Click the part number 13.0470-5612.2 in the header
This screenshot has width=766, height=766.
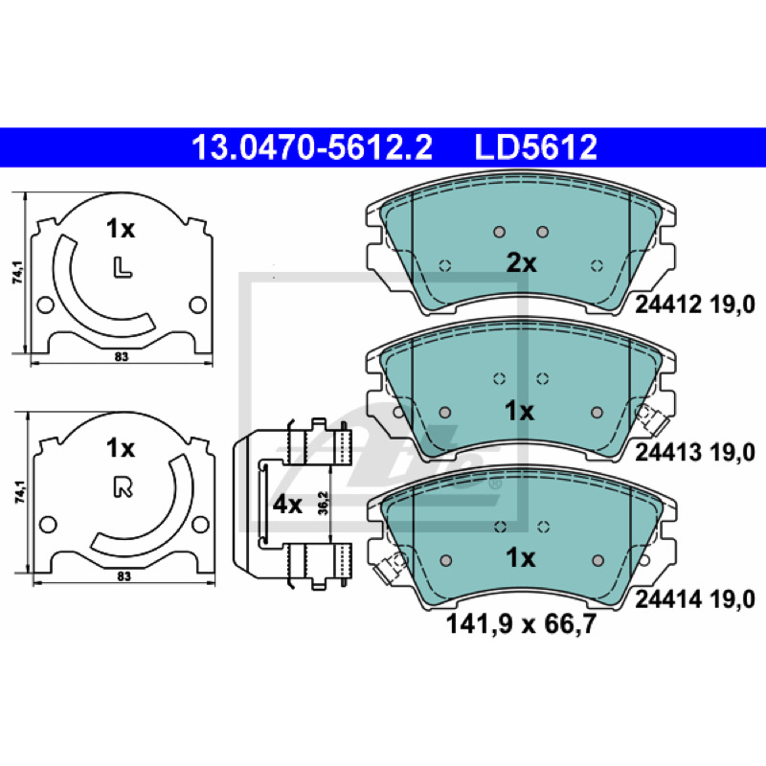click(312, 147)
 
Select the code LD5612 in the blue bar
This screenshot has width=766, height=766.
click(536, 147)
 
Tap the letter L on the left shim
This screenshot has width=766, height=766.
click(123, 268)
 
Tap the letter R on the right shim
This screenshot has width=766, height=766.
click(124, 487)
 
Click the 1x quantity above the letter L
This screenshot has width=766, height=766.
click(121, 229)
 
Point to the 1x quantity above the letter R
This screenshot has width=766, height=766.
click(121, 448)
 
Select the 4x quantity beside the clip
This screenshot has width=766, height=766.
click(287, 505)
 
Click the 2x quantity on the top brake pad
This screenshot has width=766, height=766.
click(521, 263)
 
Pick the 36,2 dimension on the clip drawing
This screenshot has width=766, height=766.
click(323, 504)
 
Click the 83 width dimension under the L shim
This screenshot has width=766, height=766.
click(122, 356)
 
